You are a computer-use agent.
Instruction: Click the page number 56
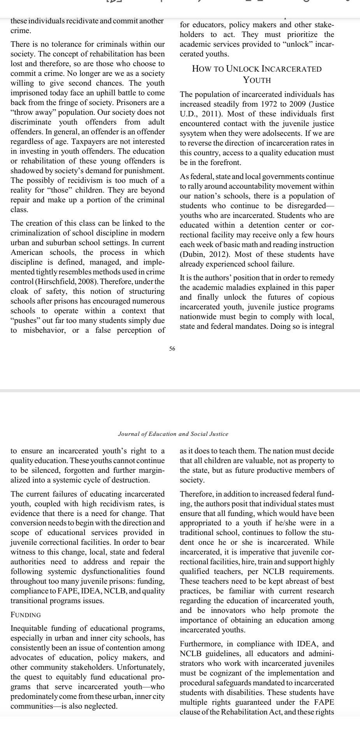point(172,349)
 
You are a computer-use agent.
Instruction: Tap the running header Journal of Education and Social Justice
point(173,434)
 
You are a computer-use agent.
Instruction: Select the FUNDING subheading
point(26,615)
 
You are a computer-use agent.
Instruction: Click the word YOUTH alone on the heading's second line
point(257,80)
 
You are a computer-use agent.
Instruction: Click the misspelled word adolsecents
point(296,133)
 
